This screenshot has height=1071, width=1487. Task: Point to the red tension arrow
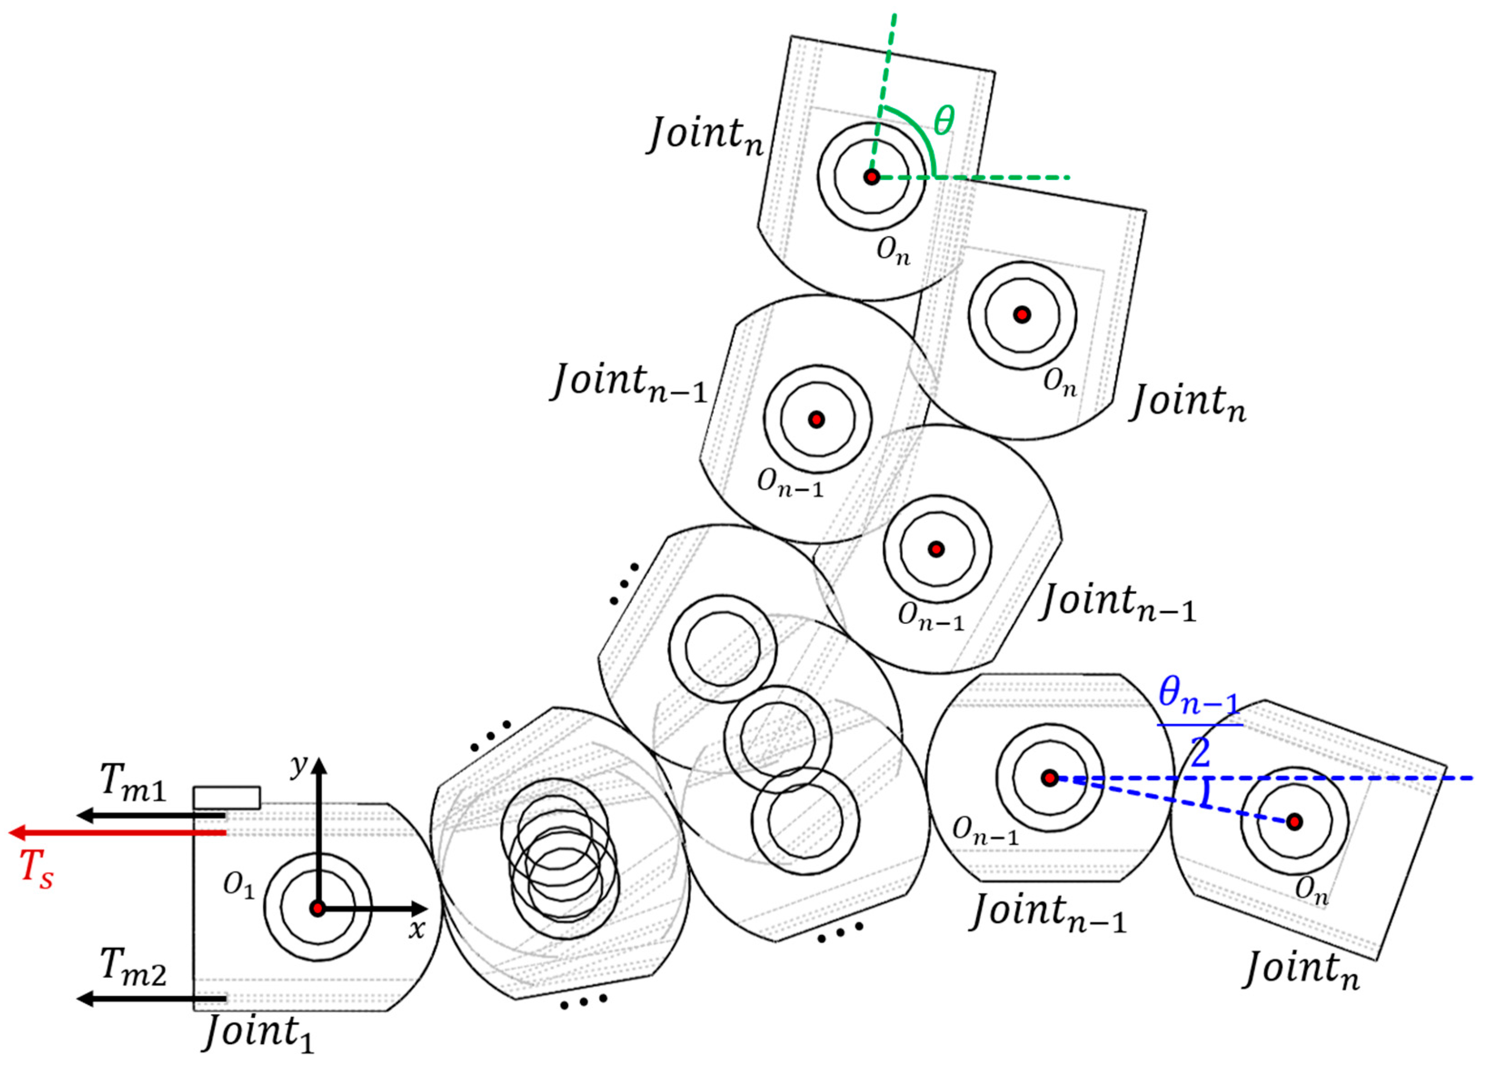(x=118, y=833)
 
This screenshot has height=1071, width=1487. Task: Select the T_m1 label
(x=133, y=783)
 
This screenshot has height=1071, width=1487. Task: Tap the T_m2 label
(x=133, y=968)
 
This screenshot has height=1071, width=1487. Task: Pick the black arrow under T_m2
(x=151, y=999)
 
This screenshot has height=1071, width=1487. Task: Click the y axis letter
(x=299, y=764)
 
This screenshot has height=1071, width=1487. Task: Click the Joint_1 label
(x=259, y=1031)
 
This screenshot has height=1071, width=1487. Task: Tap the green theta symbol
(x=944, y=121)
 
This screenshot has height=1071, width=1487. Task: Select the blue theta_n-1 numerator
(x=1199, y=697)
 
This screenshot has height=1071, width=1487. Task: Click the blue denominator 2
(x=1200, y=753)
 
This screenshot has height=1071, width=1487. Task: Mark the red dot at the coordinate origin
(x=318, y=909)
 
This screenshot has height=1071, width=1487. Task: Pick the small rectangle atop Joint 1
(x=227, y=797)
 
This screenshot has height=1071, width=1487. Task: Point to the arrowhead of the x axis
(x=420, y=909)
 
